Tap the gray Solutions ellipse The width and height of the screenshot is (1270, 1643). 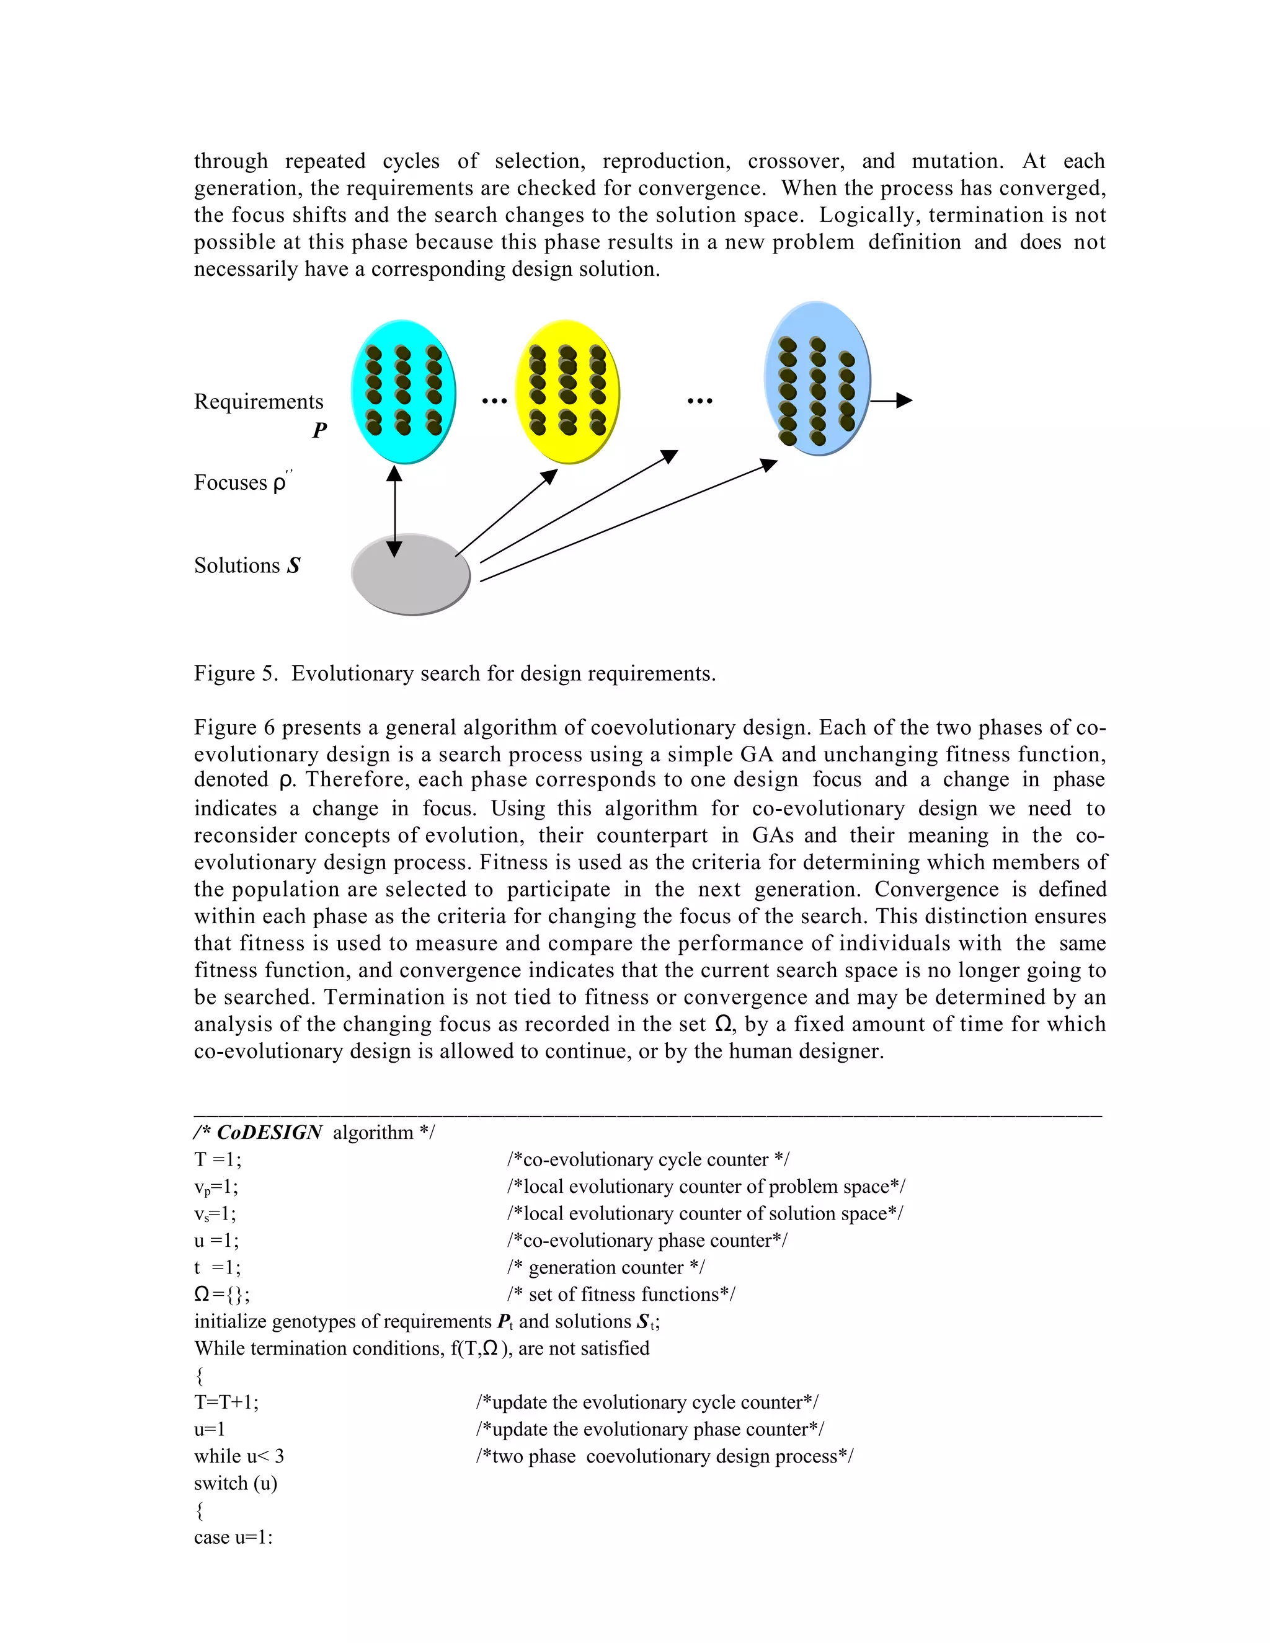click(411, 575)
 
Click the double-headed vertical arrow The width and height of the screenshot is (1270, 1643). click(394, 511)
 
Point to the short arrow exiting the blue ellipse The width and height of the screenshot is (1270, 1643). click(891, 401)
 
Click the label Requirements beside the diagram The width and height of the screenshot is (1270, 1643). click(258, 402)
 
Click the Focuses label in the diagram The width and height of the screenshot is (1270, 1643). click(230, 482)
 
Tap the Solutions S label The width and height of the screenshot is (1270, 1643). click(247, 565)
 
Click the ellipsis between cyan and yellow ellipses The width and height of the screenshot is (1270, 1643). click(494, 401)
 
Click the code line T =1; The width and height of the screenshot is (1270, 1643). click(218, 1159)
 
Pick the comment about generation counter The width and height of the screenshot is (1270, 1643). click(606, 1268)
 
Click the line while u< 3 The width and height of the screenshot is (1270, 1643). click(239, 1456)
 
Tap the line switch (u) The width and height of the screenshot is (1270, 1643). click(236, 1484)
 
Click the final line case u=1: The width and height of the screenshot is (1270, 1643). click(233, 1537)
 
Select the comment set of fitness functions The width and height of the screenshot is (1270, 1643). click(621, 1295)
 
